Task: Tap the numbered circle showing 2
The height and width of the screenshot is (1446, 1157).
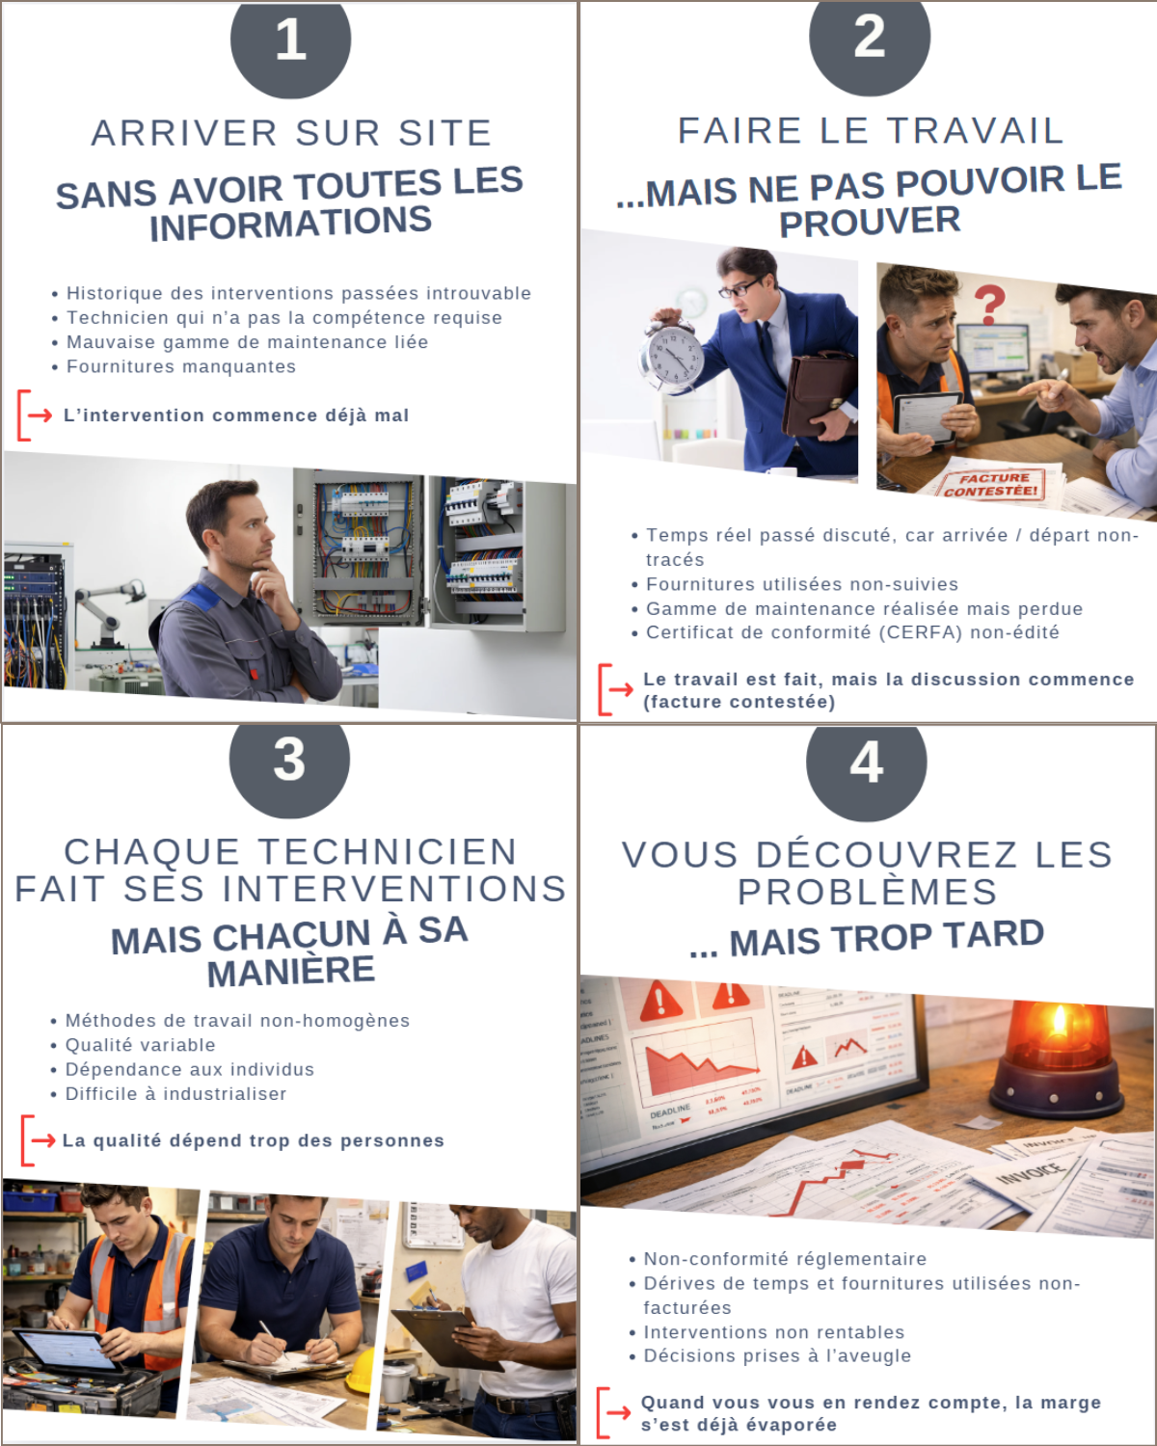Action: [869, 39]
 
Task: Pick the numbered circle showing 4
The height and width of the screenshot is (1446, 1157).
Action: [866, 763]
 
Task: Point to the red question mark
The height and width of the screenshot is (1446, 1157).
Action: [988, 305]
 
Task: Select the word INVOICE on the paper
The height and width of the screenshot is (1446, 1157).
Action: [1030, 1173]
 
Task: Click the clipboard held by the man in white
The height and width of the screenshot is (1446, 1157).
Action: [445, 1335]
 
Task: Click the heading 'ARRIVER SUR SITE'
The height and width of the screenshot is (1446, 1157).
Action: [291, 133]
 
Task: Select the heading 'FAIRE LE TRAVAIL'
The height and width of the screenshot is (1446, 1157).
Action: [871, 131]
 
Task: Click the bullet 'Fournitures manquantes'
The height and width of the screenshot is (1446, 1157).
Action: [180, 366]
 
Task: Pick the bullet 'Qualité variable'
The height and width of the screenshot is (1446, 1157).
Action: [140, 1045]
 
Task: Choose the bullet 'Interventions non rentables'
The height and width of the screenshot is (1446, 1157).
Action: [773, 1332]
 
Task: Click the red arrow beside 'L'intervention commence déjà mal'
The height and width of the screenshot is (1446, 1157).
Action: [40, 415]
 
